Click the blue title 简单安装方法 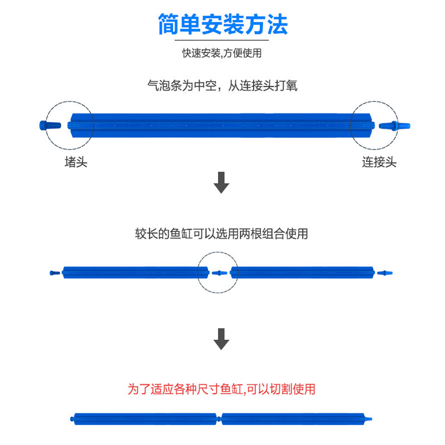(x=222, y=24)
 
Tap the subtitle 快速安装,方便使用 (x=222, y=53)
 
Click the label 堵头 (x=76, y=162)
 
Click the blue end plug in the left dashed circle (x=49, y=125)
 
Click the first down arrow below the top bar (x=222, y=183)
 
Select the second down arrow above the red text (x=222, y=339)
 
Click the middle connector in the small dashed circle (x=220, y=273)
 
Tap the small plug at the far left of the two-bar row (x=54, y=273)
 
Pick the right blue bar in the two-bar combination (x=302, y=272)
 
